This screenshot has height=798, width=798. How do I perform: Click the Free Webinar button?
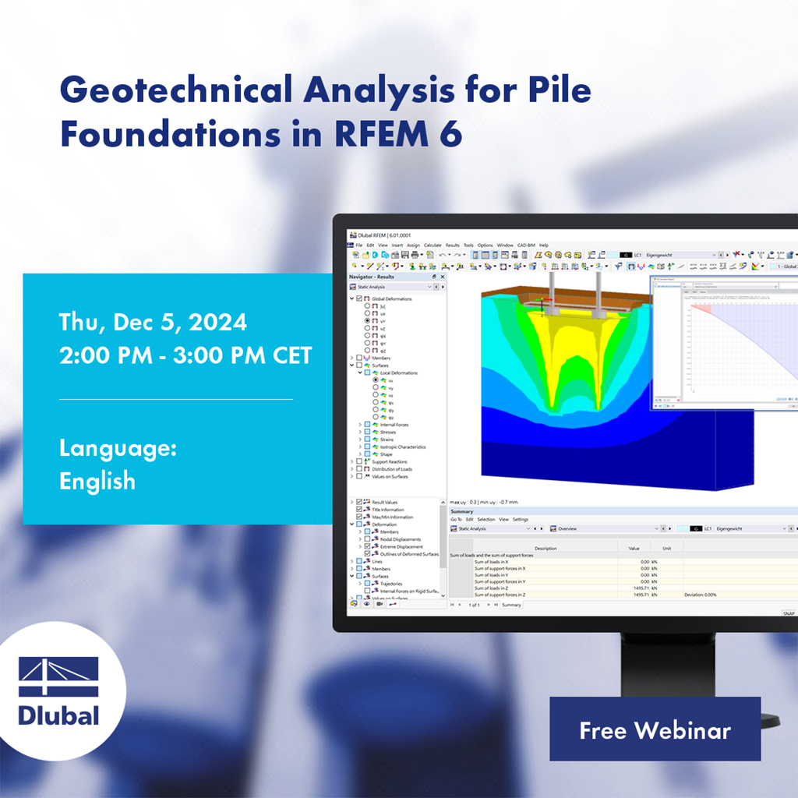tap(655, 730)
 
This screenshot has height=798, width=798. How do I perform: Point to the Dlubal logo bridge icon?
tap(58, 677)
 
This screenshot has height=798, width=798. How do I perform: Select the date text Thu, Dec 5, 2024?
tap(153, 322)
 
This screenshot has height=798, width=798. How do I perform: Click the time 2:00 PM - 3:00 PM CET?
tap(185, 355)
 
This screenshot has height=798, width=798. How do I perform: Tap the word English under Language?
tap(97, 481)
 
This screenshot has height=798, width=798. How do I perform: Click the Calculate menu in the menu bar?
tap(433, 245)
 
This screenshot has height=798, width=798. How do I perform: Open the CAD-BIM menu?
tap(526, 245)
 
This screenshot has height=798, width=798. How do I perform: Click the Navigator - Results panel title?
tap(372, 277)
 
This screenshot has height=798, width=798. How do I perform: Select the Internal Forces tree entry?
tap(393, 425)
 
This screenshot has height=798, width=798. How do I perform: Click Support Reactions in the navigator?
tap(389, 462)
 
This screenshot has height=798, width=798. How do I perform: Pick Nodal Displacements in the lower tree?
tap(401, 539)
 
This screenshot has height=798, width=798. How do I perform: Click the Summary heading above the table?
tap(462, 511)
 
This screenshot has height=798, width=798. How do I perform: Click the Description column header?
tap(546, 549)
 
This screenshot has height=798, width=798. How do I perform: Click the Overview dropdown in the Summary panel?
tap(592, 528)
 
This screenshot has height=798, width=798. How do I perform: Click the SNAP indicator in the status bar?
tap(789, 613)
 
